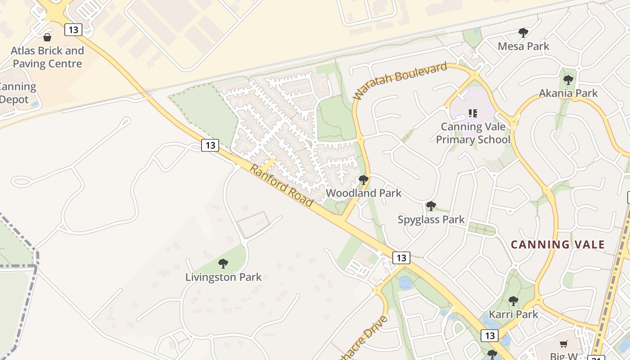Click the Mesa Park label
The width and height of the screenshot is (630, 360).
523,46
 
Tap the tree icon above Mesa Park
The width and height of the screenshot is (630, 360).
523,32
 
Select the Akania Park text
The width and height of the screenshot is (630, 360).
568,93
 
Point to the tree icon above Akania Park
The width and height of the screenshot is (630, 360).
568,80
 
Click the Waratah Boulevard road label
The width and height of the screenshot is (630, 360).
400,81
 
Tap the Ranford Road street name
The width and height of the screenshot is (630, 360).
281,185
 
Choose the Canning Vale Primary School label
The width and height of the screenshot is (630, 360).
473,133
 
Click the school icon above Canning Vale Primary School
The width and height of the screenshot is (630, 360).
472,113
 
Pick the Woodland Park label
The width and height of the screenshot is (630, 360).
364,193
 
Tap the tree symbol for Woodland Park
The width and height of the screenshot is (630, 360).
364,180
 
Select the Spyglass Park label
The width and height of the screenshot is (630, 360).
431,220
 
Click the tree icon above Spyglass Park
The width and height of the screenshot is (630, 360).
431,206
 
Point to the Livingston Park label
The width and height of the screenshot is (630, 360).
223,277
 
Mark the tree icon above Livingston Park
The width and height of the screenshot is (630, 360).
223,264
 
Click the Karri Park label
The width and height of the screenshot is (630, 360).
513,314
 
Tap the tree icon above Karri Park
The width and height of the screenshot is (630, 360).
513,301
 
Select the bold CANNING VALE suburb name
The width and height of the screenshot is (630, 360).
558,245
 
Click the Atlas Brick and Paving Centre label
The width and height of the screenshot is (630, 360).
47,57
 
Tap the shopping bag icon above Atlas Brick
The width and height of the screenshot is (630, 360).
47,37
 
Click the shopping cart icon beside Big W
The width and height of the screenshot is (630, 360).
564,344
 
